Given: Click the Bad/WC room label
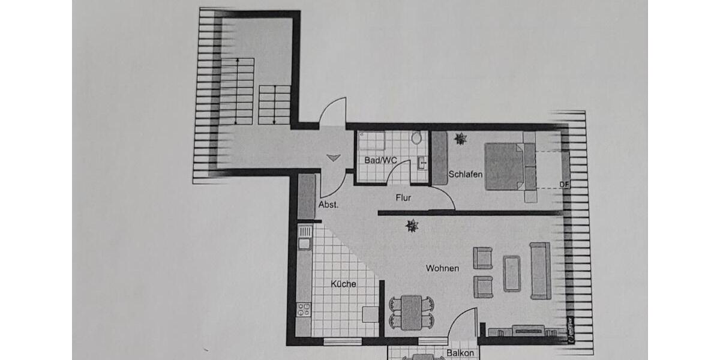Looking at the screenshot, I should click(380, 160).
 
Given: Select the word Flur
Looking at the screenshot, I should click(403, 197).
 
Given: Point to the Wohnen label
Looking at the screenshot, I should click(442, 268).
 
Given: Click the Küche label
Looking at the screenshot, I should click(343, 284).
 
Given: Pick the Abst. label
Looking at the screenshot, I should click(328, 204).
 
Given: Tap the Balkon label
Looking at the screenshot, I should click(460, 353).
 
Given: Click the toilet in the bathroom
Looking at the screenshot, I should click(416, 138).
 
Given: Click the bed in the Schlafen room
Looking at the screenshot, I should click(505, 166).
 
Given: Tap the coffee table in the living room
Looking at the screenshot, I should click(512, 274).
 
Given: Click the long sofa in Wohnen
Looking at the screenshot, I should click(540, 271).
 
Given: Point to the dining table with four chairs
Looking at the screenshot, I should click(411, 313).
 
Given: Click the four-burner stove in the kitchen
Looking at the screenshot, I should click(304, 309).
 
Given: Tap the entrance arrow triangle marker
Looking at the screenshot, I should click(334, 158).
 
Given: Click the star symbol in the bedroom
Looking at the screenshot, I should click(460, 139).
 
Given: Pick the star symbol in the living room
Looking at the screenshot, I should click(412, 226).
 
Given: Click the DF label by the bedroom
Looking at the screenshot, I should click(564, 184).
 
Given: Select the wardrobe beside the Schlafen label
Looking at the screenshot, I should click(439, 158).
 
